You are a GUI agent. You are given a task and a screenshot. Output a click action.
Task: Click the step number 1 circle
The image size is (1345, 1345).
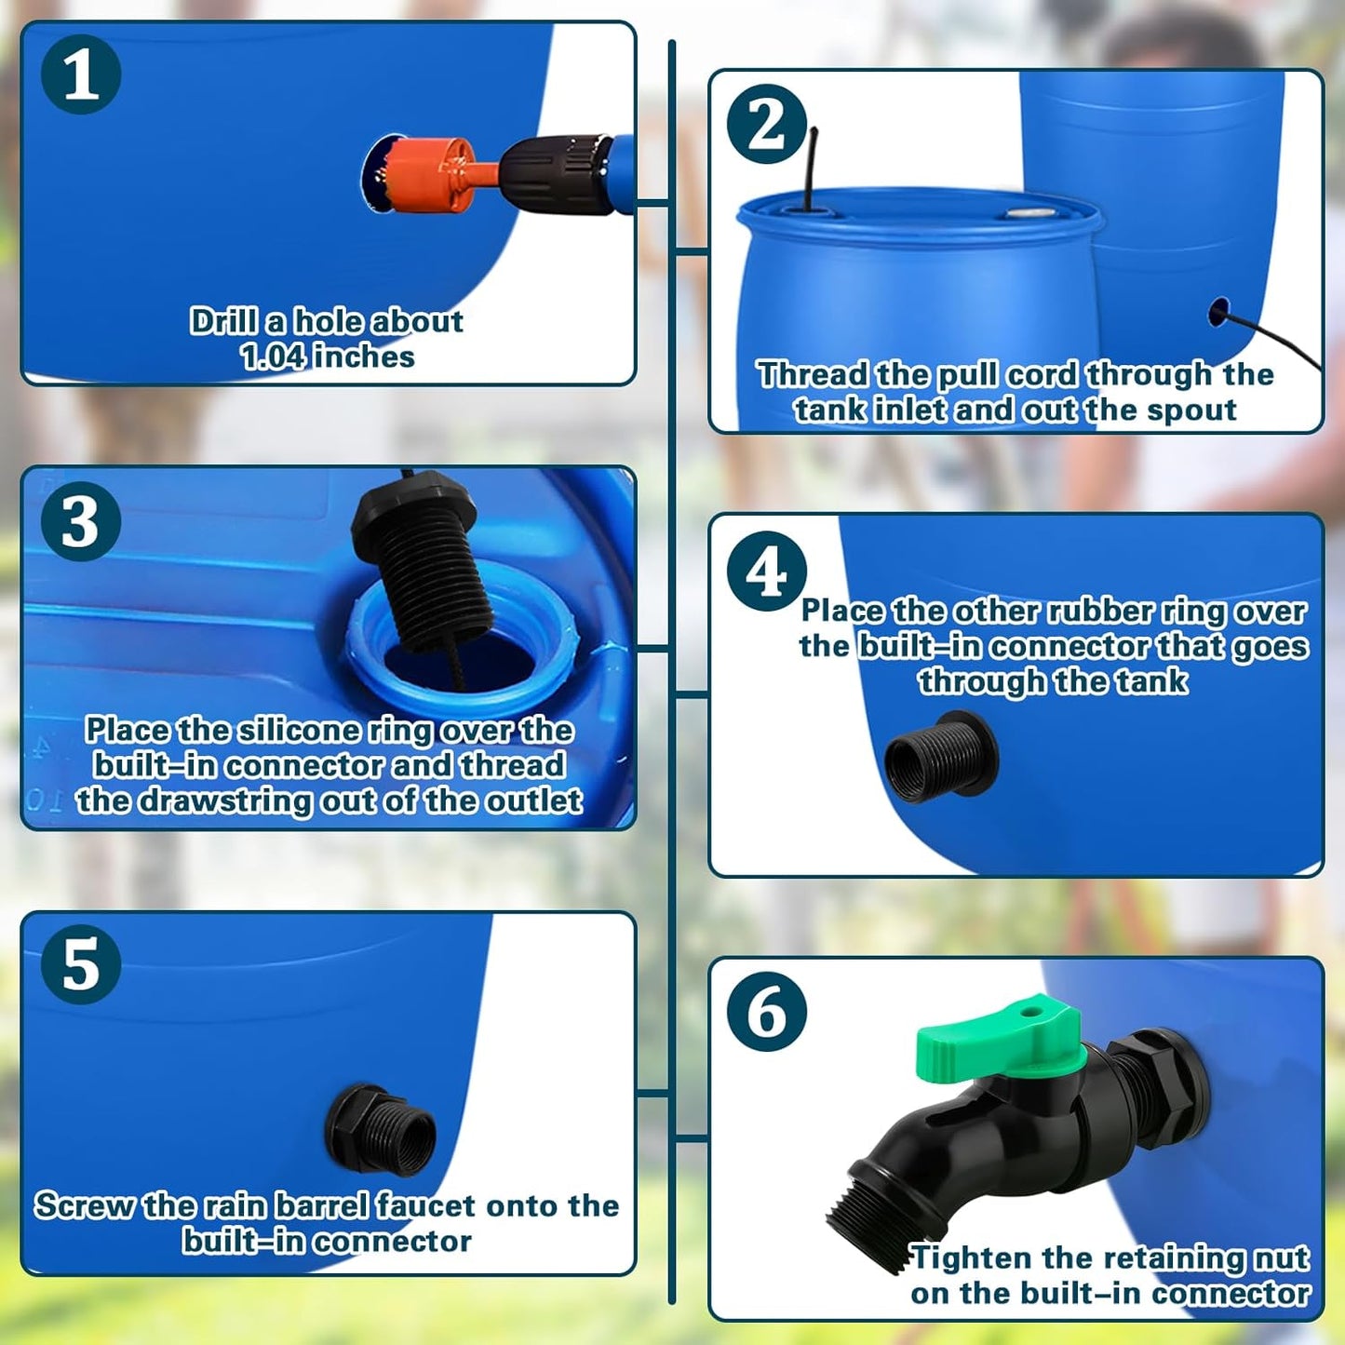tap(81, 74)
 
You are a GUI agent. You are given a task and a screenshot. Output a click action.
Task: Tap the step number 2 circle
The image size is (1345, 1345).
tap(766, 124)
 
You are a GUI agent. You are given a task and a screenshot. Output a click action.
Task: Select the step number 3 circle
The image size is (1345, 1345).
tap(81, 521)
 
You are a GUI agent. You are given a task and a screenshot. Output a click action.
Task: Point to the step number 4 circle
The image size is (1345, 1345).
tap(766, 571)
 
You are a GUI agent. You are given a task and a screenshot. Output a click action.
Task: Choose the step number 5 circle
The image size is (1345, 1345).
tap(81, 964)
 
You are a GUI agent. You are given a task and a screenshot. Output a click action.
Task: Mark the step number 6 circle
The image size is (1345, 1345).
tap(766, 1013)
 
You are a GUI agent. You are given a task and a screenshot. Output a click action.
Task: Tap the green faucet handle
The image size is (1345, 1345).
tap(998, 1041)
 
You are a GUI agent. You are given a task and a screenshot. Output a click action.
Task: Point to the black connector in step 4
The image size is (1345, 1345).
tap(940, 756)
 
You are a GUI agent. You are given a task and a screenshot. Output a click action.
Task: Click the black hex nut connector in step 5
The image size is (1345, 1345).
tap(381, 1131)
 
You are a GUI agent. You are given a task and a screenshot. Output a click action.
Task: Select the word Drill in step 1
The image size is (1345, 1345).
tap(224, 321)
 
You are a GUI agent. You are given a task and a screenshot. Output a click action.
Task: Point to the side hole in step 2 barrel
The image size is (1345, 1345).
tap(1218, 312)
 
